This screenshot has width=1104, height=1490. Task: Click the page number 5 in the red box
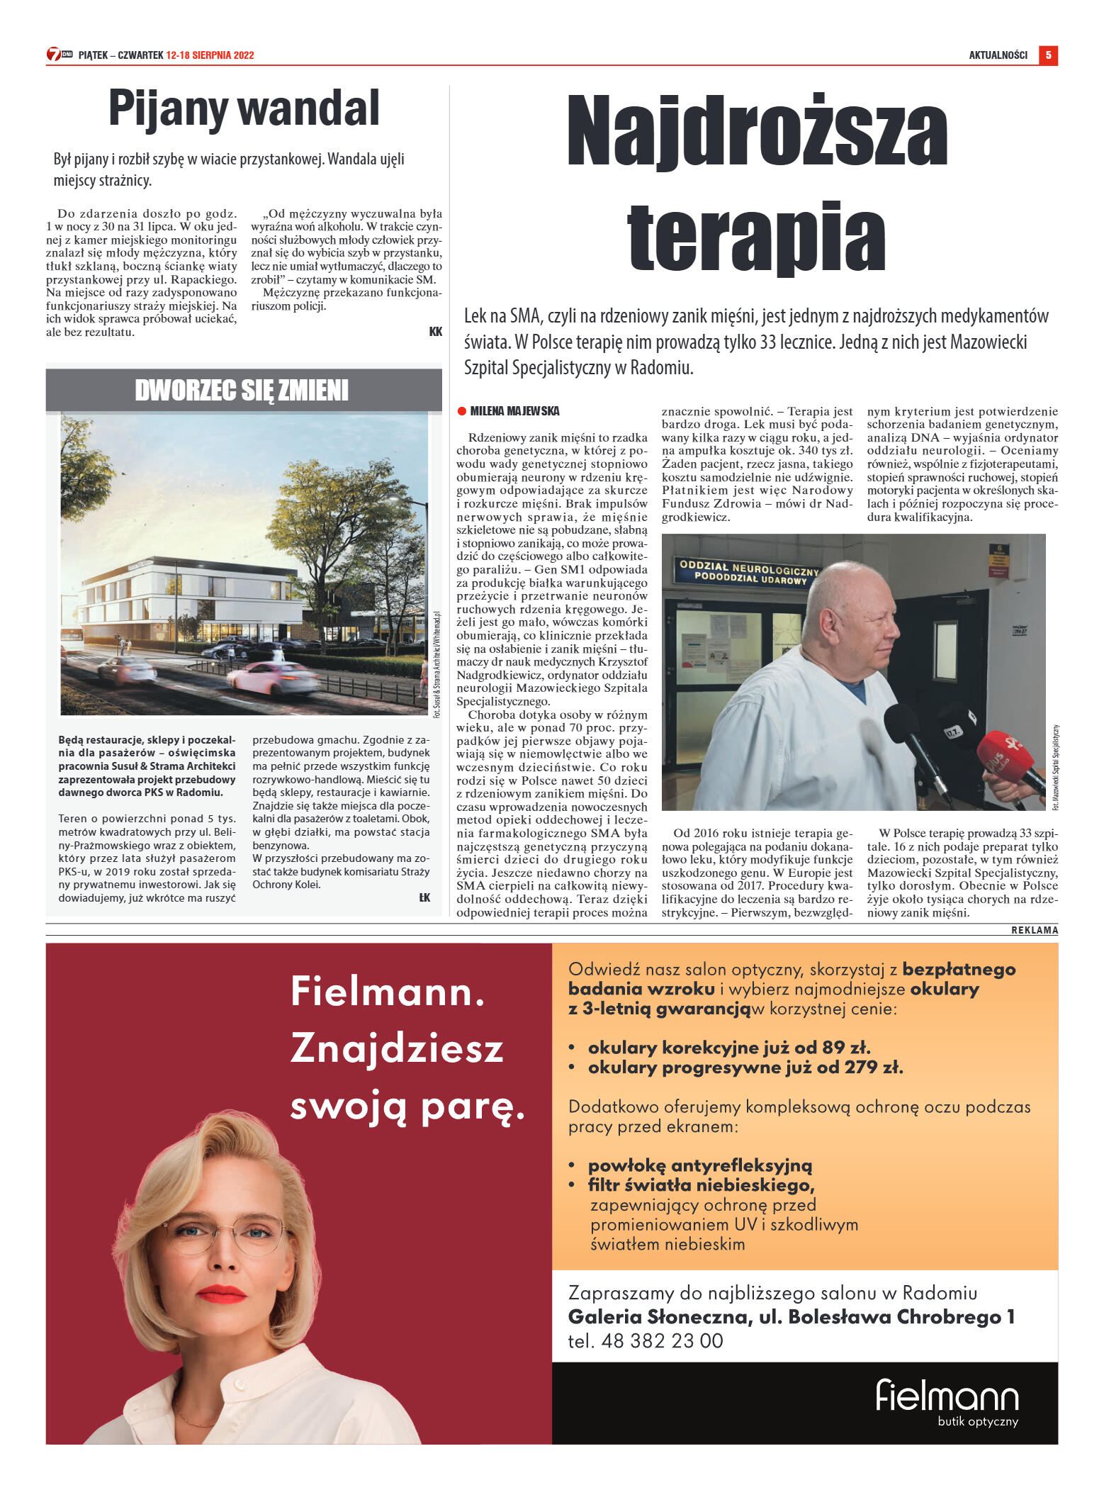pyautogui.click(x=1048, y=55)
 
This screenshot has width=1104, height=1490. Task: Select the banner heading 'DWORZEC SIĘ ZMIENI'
pyautogui.click(x=242, y=391)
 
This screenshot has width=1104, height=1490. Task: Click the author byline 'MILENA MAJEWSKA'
pyautogui.click(x=514, y=411)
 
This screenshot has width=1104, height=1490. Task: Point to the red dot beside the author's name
pyautogui.click(x=462, y=411)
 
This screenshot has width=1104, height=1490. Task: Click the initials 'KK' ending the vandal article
pyautogui.click(x=435, y=332)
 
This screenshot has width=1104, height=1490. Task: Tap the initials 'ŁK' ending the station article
pyautogui.click(x=424, y=898)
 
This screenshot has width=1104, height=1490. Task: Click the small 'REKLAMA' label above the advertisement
pyautogui.click(x=1034, y=930)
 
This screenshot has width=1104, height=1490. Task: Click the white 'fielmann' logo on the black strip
pyautogui.click(x=947, y=1396)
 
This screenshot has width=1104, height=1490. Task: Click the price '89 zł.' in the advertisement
pyautogui.click(x=846, y=1048)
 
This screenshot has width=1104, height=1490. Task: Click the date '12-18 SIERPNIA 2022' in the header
pyautogui.click(x=210, y=55)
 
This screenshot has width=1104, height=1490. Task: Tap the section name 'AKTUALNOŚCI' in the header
pyautogui.click(x=998, y=55)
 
